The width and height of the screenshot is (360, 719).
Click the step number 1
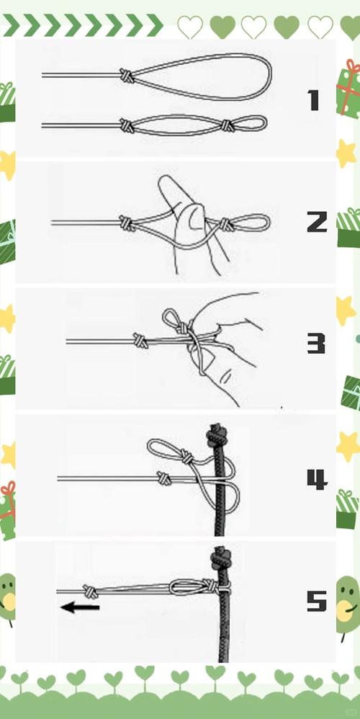[x=314, y=100]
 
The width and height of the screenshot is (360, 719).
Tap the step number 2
[x=317, y=222]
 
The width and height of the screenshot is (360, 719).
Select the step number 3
[x=316, y=344]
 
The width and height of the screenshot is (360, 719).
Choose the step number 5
[x=317, y=601]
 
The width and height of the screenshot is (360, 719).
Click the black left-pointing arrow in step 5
[x=80, y=608]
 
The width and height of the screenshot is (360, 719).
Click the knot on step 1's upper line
[x=127, y=75]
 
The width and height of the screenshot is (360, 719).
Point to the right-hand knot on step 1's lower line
[x=228, y=125]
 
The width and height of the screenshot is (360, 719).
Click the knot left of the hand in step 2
[x=127, y=223]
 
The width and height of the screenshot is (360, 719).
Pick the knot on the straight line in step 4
[x=163, y=478]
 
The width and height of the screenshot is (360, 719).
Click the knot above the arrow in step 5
[x=90, y=591]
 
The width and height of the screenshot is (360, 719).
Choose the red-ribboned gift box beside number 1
[x=349, y=89]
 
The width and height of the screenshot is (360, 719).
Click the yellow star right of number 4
[x=348, y=447]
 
